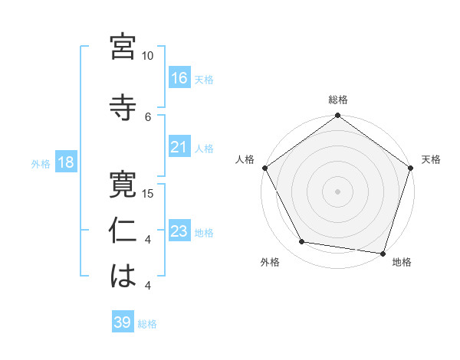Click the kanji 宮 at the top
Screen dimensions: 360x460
pyautogui.click(x=123, y=47)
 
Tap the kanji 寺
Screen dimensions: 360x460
pyautogui.click(x=123, y=105)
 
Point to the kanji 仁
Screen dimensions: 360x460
pyautogui.click(x=123, y=231)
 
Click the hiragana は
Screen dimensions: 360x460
pyautogui.click(x=123, y=277)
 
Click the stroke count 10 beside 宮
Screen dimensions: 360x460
pyautogui.click(x=147, y=56)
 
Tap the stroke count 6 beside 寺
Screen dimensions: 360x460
pyautogui.click(x=148, y=116)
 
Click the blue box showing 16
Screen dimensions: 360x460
pyautogui.click(x=179, y=77)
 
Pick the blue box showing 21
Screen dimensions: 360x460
pyautogui.click(x=179, y=147)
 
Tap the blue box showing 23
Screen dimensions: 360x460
pyautogui.click(x=179, y=231)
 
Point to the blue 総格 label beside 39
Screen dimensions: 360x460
pyautogui.click(x=148, y=324)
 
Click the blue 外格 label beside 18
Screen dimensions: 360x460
pyautogui.click(x=41, y=164)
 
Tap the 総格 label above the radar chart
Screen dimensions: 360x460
pyautogui.click(x=337, y=100)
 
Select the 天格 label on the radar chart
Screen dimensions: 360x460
pyautogui.click(x=431, y=159)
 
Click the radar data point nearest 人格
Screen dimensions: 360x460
pyautogui.click(x=265, y=168)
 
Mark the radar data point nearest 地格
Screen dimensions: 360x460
pyautogui.click(x=383, y=252)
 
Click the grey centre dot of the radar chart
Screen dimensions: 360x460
pyautogui.click(x=337, y=191)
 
